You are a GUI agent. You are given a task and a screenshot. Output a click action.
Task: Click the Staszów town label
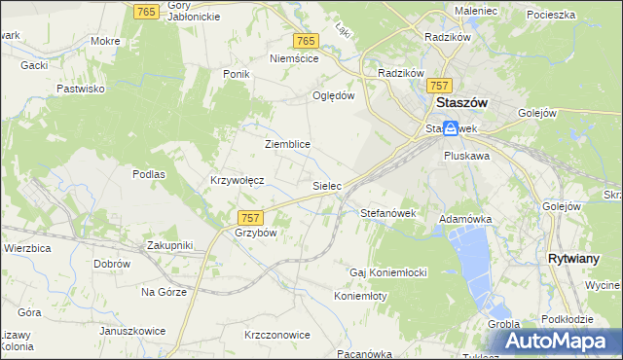tap(461, 103)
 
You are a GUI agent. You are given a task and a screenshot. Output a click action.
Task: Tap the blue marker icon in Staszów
tap(452, 127)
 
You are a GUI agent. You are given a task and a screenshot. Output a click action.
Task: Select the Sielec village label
tap(326, 185)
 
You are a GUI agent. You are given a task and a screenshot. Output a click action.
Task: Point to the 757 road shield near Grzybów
tap(249, 219)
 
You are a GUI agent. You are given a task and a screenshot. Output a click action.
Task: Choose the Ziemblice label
tap(287, 144)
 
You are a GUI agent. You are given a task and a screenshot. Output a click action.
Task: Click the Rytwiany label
tap(579, 259)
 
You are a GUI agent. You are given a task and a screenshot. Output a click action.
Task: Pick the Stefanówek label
tap(388, 212)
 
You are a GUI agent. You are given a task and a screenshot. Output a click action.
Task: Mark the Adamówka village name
tap(467, 220)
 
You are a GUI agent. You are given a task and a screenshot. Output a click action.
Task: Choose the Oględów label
tap(333, 95)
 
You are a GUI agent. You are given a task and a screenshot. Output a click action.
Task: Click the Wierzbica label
tap(27, 247)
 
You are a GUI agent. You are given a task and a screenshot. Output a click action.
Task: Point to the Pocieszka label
tap(551, 15)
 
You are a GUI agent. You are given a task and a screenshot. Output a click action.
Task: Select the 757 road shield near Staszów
tap(441, 86)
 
